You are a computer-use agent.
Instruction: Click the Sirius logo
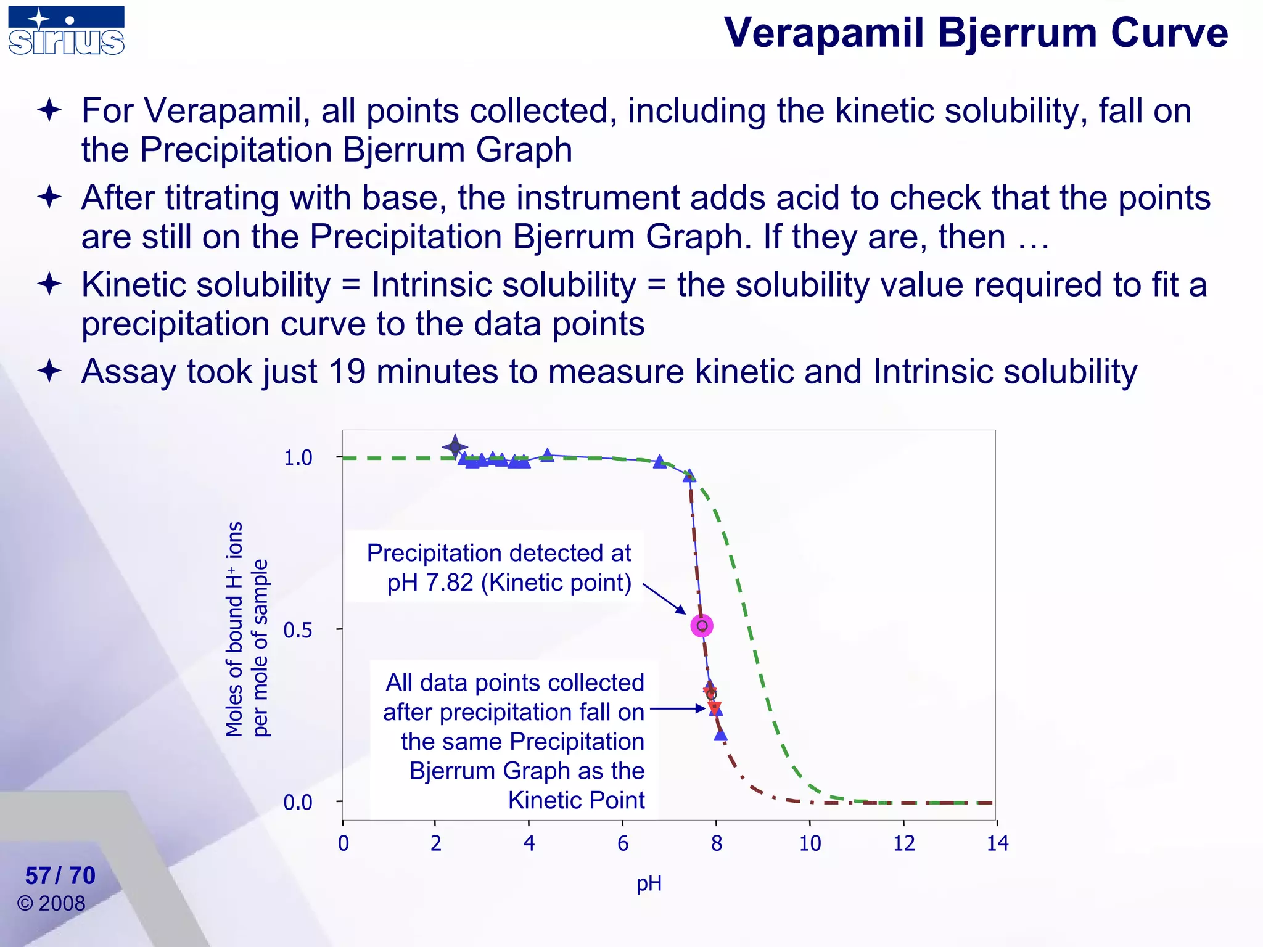(67, 31)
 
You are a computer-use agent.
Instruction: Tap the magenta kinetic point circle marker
(702, 626)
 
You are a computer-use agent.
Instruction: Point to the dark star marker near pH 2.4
(455, 447)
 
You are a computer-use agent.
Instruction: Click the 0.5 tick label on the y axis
(297, 630)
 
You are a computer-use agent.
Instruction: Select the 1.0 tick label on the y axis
(297, 458)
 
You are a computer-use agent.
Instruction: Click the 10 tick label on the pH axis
(810, 843)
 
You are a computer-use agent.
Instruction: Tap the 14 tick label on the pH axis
(997, 843)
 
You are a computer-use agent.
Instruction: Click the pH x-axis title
(649, 883)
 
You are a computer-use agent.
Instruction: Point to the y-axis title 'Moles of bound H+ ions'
(235, 629)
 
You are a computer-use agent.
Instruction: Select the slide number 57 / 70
(60, 875)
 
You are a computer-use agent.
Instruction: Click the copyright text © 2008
(52, 903)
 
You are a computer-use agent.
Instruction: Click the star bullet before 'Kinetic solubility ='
(49, 285)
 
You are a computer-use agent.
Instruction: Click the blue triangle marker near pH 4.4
(547, 456)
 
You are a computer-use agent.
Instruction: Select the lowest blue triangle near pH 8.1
(720, 734)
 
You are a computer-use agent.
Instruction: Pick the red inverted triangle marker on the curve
(714, 707)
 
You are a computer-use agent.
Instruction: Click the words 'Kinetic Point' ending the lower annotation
(576, 800)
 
